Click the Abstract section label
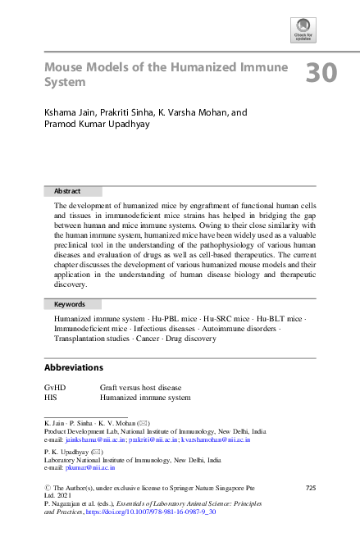click(x=66, y=190)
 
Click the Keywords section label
click(x=69, y=304)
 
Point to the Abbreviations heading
click(x=74, y=367)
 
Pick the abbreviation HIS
click(x=51, y=397)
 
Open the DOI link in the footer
click(x=152, y=511)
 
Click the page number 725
click(x=310, y=489)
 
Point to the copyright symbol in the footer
click(x=47, y=489)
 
